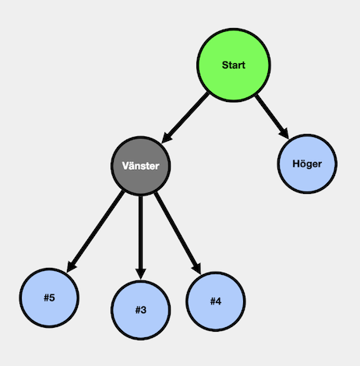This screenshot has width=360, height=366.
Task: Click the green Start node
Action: click(x=234, y=65)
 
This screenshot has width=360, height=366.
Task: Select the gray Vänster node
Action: click(x=141, y=166)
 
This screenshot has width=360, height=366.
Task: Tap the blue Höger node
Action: click(x=307, y=164)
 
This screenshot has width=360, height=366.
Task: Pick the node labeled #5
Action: click(x=49, y=297)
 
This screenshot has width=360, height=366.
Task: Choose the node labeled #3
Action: click(x=141, y=310)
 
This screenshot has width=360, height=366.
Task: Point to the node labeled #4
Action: click(x=216, y=301)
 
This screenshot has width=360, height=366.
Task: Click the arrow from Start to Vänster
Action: click(x=185, y=118)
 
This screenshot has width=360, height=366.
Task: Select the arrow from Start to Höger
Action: click(x=272, y=117)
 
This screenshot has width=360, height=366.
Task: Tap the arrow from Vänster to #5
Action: click(x=95, y=231)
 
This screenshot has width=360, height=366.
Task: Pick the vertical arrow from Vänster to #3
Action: click(x=141, y=238)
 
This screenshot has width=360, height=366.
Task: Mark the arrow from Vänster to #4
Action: click(x=178, y=233)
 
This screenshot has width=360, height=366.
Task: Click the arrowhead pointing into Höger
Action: click(x=284, y=133)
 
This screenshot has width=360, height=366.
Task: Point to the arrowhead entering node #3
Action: click(x=141, y=274)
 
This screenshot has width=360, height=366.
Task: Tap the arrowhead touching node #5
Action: click(x=72, y=266)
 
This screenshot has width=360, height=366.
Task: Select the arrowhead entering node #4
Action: click(x=197, y=269)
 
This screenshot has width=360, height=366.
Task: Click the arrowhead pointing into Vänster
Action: click(x=167, y=138)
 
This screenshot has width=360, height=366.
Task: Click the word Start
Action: click(x=234, y=65)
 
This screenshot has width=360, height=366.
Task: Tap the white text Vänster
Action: click(x=141, y=166)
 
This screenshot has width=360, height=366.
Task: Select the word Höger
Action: click(x=307, y=164)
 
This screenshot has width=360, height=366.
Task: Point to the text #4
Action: click(x=216, y=301)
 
